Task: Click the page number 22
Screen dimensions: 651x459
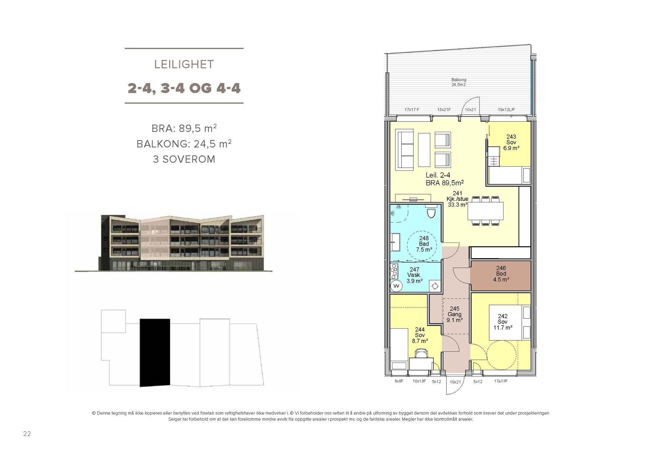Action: (x=27, y=434)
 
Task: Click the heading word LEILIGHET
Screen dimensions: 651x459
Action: (x=184, y=64)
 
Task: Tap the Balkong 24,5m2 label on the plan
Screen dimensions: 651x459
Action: (x=458, y=82)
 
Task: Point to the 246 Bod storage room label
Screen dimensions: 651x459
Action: (x=501, y=274)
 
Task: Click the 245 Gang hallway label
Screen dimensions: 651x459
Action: (x=455, y=314)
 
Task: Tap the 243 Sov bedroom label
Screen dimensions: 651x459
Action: (x=511, y=142)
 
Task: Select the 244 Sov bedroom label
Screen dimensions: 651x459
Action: (x=420, y=335)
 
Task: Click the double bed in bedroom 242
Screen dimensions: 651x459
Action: (x=509, y=323)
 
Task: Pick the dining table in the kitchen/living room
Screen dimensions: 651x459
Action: (x=486, y=211)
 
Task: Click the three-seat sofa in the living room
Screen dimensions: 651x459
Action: (x=405, y=149)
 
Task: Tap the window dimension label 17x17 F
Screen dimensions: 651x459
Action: (x=412, y=110)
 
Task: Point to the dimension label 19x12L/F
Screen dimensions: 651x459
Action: (x=506, y=110)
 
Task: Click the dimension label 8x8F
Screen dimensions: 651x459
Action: (x=399, y=381)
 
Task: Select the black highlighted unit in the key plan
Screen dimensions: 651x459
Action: (x=155, y=352)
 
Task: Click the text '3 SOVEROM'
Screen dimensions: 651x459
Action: (x=184, y=159)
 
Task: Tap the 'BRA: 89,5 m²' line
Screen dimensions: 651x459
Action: (x=184, y=128)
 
